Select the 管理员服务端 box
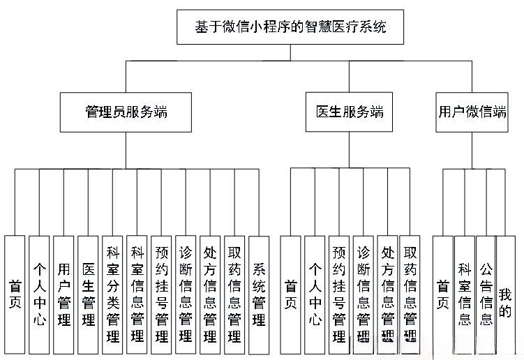pos(125,112)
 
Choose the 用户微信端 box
pos(472,112)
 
